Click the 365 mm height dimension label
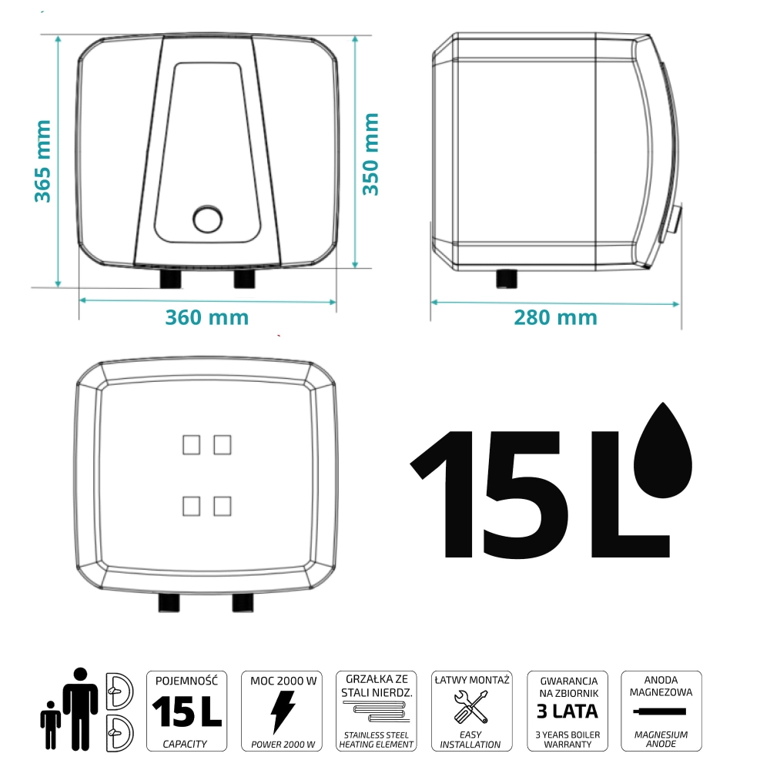click(x=42, y=161)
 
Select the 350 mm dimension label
click(x=371, y=154)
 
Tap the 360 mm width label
click(x=206, y=317)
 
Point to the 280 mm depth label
click(x=555, y=318)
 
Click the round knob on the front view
click(x=208, y=219)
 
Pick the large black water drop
click(x=663, y=450)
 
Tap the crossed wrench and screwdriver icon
click(x=471, y=707)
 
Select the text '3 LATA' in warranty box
click(x=567, y=711)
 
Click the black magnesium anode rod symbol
click(x=660, y=711)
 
